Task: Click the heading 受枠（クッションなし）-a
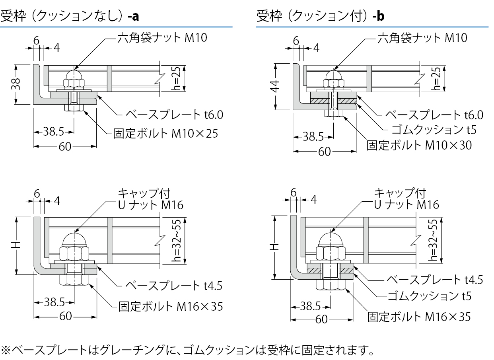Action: (x=70, y=16)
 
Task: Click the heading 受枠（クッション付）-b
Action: (x=320, y=16)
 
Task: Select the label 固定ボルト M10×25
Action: (x=165, y=133)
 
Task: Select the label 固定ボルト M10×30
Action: (x=419, y=145)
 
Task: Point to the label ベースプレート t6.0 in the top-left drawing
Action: (x=174, y=115)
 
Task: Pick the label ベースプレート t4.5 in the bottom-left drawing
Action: (x=174, y=285)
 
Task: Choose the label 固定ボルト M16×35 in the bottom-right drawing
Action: (x=419, y=317)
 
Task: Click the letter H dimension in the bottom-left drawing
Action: (x=16, y=245)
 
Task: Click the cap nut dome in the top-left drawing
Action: (x=74, y=74)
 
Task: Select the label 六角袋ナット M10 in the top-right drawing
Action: (x=422, y=38)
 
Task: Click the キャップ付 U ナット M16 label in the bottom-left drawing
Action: (x=150, y=199)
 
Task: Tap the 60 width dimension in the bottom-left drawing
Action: (x=66, y=316)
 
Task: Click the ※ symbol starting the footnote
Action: (x=6, y=350)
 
